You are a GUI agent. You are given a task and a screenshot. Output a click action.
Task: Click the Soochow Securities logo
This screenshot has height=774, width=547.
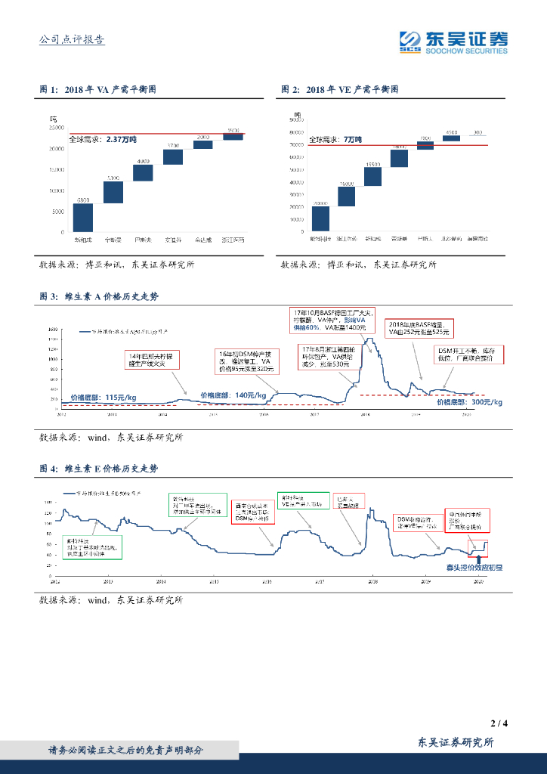453,42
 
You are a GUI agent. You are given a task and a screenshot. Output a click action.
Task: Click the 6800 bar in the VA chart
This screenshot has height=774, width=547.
83,218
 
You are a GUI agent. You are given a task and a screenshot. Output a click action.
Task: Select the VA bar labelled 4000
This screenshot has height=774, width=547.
143,172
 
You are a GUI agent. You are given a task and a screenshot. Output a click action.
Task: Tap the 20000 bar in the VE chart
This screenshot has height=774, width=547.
320,218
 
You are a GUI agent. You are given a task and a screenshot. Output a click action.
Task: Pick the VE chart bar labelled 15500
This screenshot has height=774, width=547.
372,176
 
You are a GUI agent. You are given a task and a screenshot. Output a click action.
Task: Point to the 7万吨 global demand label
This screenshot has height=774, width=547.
335,141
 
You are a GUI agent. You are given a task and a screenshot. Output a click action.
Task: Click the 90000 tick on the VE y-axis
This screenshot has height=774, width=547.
295,120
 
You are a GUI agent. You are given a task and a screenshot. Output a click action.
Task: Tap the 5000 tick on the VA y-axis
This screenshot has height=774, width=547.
57,212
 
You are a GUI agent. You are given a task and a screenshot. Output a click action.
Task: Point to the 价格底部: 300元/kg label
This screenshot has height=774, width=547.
469,402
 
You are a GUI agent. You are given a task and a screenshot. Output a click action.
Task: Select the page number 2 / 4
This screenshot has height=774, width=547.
499,723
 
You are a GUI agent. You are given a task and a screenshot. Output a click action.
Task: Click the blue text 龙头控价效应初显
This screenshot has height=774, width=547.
474,566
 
